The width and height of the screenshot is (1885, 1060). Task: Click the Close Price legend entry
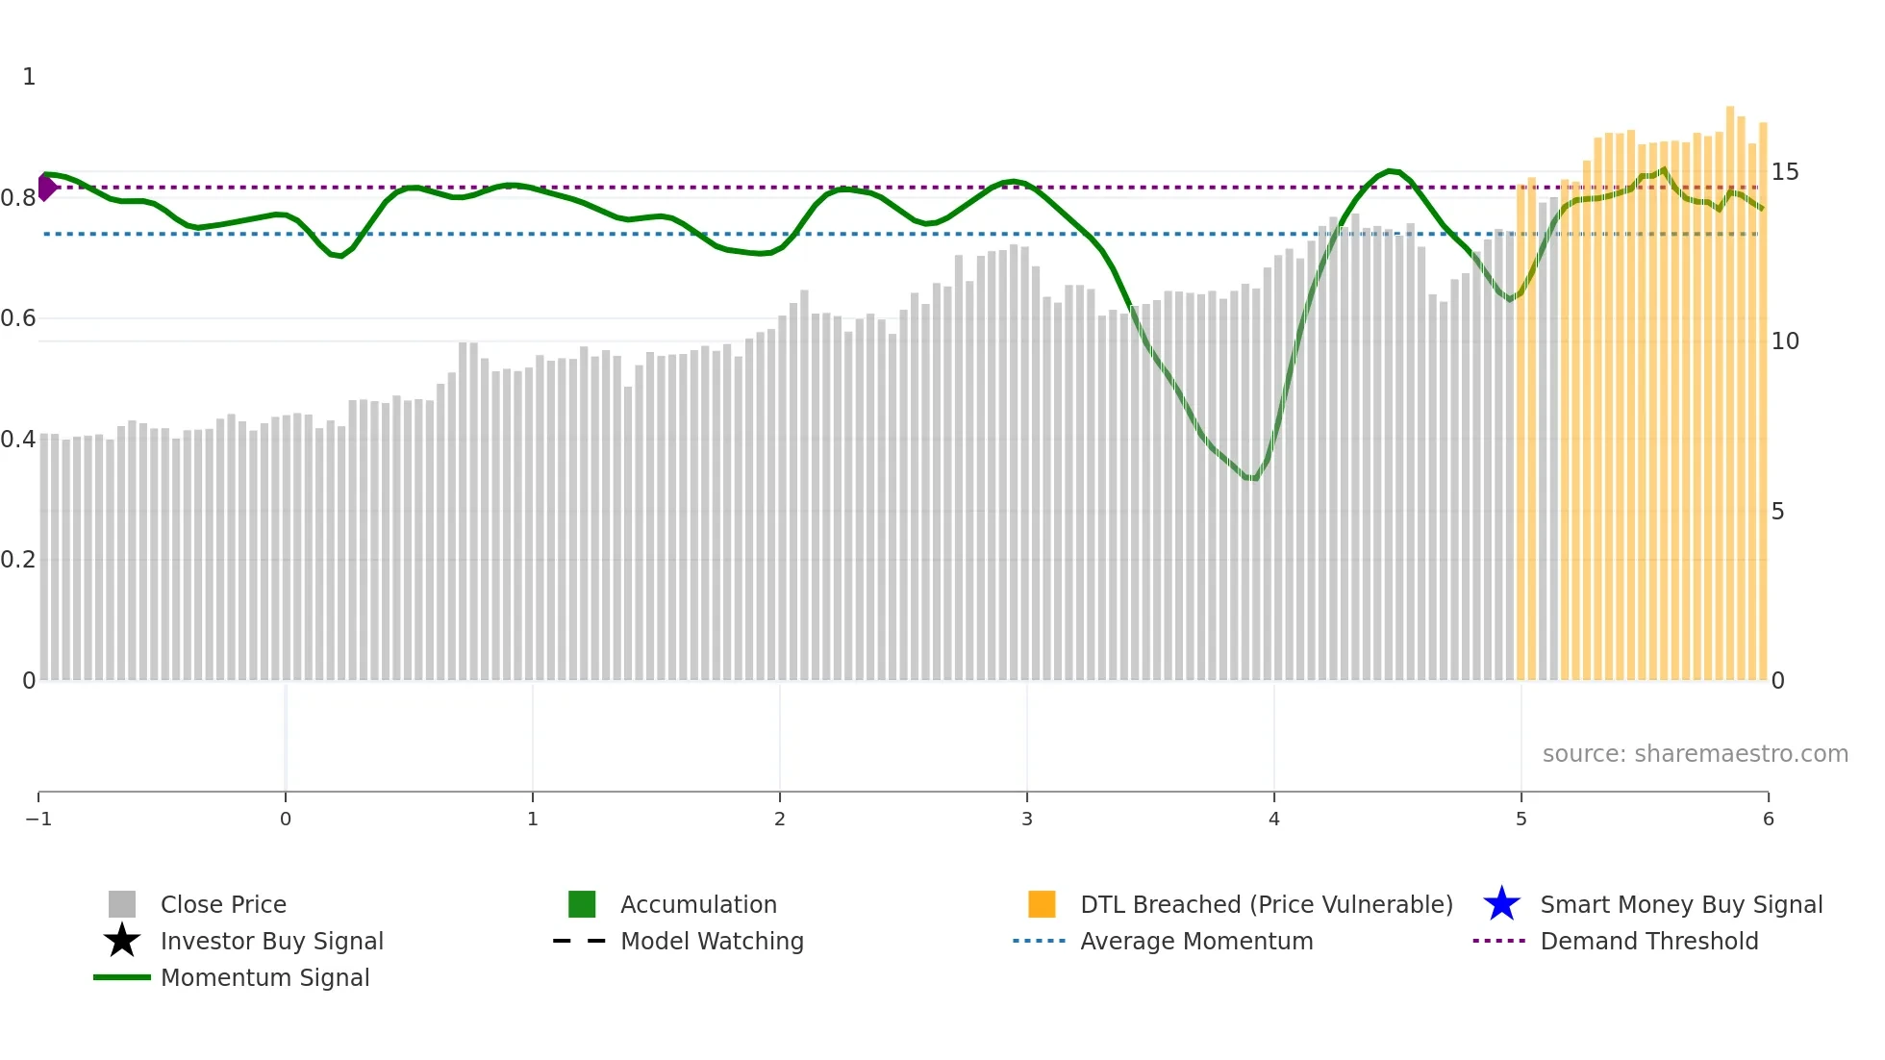(x=222, y=904)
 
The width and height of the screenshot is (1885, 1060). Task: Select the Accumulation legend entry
(x=697, y=904)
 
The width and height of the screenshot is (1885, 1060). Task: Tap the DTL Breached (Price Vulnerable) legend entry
(x=1266, y=904)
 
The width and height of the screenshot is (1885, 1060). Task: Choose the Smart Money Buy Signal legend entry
(x=1681, y=904)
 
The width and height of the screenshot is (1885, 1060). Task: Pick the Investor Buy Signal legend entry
(x=271, y=941)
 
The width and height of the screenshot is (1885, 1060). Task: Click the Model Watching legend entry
(x=711, y=941)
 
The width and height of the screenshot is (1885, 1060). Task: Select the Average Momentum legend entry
(x=1195, y=941)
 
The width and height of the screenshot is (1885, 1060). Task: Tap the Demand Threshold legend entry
(x=1648, y=941)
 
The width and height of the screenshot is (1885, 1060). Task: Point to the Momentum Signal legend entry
(x=264, y=977)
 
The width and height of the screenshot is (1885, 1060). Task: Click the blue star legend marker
(x=1501, y=904)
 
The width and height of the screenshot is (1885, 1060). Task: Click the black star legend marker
(x=122, y=941)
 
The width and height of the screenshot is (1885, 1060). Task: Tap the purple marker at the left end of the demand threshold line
(x=46, y=188)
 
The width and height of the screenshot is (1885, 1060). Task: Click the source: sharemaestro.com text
(x=1695, y=753)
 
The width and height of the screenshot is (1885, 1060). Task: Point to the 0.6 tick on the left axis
(x=18, y=318)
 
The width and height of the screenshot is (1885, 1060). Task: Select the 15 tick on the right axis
(x=1785, y=172)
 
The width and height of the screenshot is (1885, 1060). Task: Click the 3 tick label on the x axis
(x=1027, y=819)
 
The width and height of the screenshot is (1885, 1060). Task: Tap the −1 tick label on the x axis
(x=38, y=819)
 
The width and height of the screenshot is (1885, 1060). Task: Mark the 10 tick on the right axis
(x=1785, y=341)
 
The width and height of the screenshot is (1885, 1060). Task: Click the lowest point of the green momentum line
(x=1251, y=478)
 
